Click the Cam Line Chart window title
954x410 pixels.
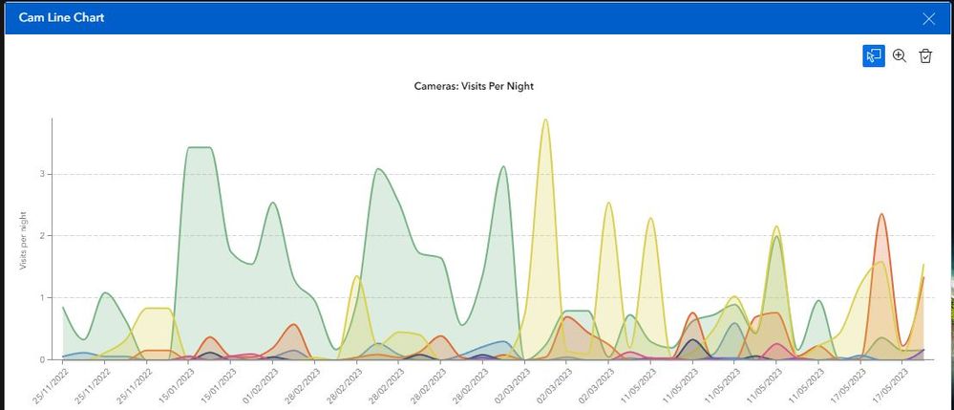tap(62, 17)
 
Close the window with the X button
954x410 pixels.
tap(928, 18)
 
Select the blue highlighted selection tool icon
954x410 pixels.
tap(873, 56)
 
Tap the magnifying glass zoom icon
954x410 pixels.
tap(900, 56)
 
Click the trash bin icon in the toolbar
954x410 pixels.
tap(925, 56)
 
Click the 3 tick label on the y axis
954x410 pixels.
tap(43, 174)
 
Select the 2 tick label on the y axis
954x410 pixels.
tap(43, 236)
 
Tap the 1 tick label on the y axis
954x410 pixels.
tap(43, 298)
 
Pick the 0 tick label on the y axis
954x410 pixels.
tap(43, 359)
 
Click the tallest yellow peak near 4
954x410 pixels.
tap(545, 121)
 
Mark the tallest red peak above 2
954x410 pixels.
tap(881, 215)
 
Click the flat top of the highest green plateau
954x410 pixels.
tap(199, 148)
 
